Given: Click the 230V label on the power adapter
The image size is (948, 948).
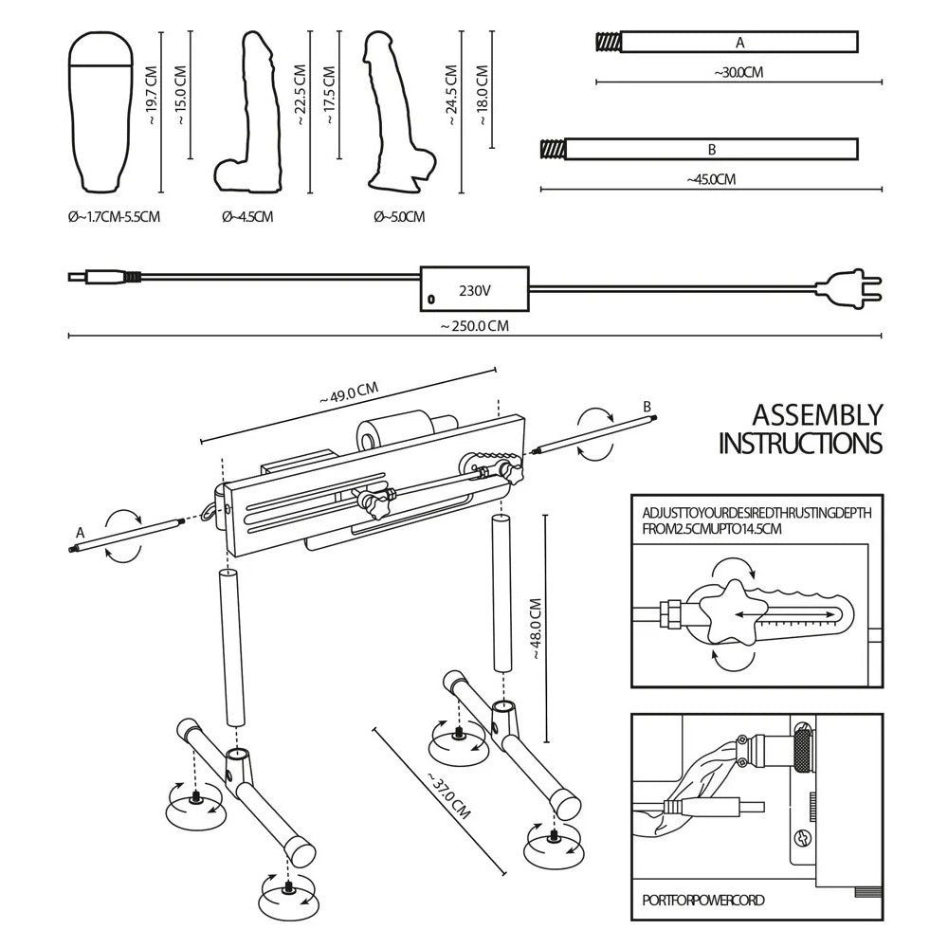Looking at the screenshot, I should pyautogui.click(x=473, y=291).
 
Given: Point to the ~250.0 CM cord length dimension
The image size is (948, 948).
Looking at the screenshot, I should pyautogui.click(x=474, y=326).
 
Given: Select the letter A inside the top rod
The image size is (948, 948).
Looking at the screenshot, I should pyautogui.click(x=740, y=43).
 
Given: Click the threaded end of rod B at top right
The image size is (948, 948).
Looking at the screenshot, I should pyautogui.click(x=552, y=149).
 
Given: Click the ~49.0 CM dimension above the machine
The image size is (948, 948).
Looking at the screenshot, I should pyautogui.click(x=349, y=393).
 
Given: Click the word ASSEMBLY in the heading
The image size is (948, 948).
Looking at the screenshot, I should pyautogui.click(x=816, y=415).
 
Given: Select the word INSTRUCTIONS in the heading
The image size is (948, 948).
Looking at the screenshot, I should pyautogui.click(x=800, y=444).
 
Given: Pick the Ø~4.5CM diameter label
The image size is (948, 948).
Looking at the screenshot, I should pyautogui.click(x=247, y=217).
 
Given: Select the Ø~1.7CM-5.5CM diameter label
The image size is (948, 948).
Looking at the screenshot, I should pyautogui.click(x=114, y=217).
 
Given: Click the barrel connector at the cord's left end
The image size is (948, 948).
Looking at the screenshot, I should pyautogui.click(x=95, y=278).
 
